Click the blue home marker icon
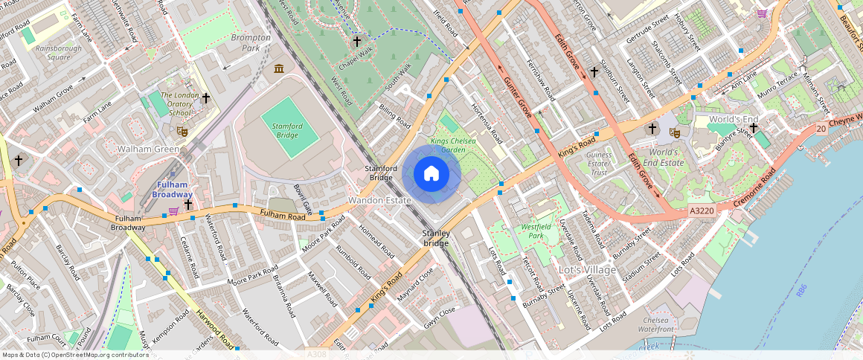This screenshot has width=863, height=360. [431, 174]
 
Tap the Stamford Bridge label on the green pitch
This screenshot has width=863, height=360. [286, 132]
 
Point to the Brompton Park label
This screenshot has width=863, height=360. [246, 42]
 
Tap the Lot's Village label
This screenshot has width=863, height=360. [587, 269]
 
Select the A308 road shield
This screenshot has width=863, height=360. [317, 354]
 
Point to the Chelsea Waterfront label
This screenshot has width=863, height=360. [655, 324]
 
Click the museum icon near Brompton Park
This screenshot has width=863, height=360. [279, 69]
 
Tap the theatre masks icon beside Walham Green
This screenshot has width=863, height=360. [182, 132]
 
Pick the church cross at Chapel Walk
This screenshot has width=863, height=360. [357, 41]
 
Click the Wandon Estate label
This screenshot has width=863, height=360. [379, 201]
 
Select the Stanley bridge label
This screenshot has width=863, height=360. [436, 238]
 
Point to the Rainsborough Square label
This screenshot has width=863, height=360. [58, 52]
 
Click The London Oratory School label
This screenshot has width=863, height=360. [179, 103]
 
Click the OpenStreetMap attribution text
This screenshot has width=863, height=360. [76, 355]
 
